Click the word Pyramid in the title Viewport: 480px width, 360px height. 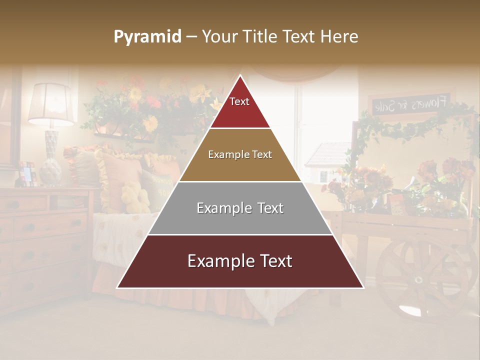[147, 37]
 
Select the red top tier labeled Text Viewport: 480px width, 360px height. [240, 107]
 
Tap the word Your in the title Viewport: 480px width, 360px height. [219, 37]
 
